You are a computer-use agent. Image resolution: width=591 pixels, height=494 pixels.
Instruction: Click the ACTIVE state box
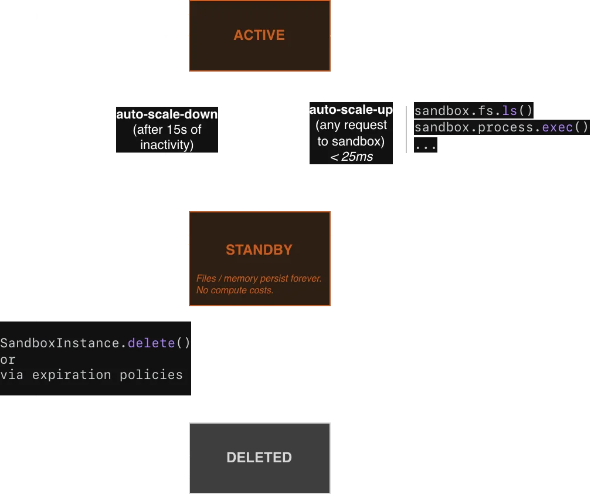(259, 35)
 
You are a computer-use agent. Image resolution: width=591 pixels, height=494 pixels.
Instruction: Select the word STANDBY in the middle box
(259, 250)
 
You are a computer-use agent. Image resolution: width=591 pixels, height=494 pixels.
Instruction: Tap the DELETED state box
(259, 458)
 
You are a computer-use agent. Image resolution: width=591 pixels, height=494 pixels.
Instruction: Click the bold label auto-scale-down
(167, 114)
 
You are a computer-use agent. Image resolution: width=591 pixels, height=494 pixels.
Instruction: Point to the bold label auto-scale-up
(351, 110)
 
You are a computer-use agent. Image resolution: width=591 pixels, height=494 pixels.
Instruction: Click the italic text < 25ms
(351, 157)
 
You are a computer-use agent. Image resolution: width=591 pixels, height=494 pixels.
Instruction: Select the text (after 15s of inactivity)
(167, 137)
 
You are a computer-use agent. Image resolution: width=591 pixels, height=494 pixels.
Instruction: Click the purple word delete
(151, 343)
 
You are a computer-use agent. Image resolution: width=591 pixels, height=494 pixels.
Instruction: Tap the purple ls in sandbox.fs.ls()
(510, 110)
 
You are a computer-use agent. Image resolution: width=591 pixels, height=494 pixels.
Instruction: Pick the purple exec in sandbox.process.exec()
(558, 127)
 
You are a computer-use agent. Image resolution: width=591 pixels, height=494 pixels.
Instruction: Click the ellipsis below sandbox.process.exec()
(426, 144)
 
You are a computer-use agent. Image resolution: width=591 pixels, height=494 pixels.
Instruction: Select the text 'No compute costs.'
(235, 290)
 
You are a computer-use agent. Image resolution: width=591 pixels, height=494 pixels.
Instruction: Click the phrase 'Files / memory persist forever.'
(259, 278)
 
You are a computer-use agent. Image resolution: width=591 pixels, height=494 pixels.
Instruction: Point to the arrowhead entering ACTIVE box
(335, 36)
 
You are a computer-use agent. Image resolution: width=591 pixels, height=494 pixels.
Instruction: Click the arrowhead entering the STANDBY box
(184, 235)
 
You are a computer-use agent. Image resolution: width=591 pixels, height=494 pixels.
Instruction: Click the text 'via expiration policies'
(91, 374)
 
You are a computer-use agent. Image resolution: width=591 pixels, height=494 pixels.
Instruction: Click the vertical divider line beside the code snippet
(406, 129)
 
